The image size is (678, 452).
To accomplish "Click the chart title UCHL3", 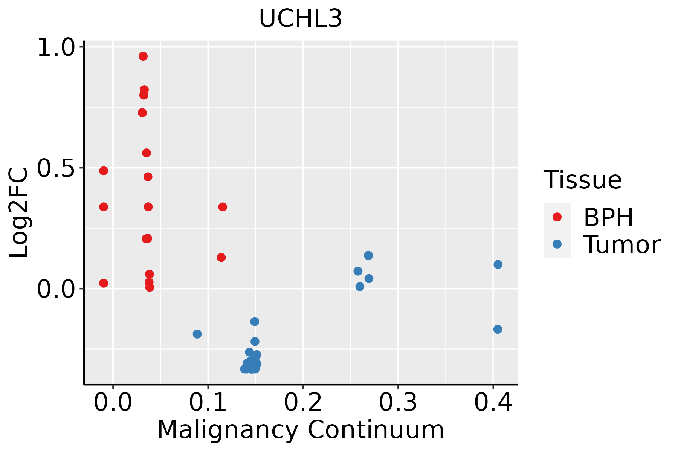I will pyautogui.click(x=301, y=18).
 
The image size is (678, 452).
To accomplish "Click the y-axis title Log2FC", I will pyautogui.click(x=19, y=213).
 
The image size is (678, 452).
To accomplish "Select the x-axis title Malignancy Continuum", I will pyautogui.click(x=301, y=430).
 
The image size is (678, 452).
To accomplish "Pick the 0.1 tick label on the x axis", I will pyautogui.click(x=208, y=403).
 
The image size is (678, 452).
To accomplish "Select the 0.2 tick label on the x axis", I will pyautogui.click(x=303, y=403).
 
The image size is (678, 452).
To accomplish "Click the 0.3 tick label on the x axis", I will pyautogui.click(x=398, y=403).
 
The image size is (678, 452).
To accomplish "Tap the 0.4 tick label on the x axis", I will pyautogui.click(x=493, y=403).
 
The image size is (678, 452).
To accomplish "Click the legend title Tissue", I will pyautogui.click(x=583, y=180).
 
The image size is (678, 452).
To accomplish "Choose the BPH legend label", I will pyautogui.click(x=608, y=217).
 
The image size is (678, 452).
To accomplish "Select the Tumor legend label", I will pyautogui.click(x=621, y=245).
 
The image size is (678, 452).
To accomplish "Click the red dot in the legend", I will pyautogui.click(x=557, y=217).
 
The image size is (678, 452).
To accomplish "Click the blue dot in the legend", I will pyautogui.click(x=557, y=244).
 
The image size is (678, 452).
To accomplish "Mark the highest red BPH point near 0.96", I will pyautogui.click(x=143, y=56).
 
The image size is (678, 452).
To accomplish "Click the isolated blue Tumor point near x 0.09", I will pyautogui.click(x=197, y=334).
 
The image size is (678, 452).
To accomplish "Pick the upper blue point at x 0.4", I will pyautogui.click(x=498, y=264).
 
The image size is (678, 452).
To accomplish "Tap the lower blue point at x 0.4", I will pyautogui.click(x=498, y=329).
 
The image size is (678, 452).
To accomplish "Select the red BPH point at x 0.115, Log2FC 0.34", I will pyautogui.click(x=223, y=207).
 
